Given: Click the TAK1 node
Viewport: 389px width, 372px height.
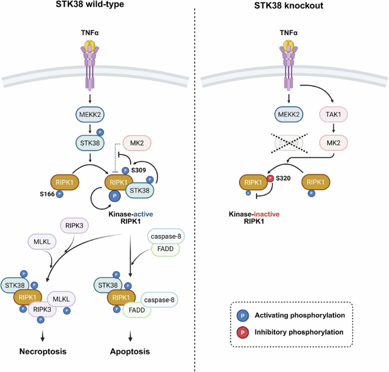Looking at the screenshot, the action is (333, 114).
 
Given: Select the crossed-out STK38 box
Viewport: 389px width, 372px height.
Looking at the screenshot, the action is (289, 143).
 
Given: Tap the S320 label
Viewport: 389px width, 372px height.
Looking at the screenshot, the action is (283, 178).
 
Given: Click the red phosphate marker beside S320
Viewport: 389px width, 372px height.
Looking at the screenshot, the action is (270, 178).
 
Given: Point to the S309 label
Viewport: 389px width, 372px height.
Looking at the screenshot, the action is (139, 170).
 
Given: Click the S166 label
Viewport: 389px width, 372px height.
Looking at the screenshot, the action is (47, 194).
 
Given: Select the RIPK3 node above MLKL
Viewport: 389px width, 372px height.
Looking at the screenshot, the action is (74, 225).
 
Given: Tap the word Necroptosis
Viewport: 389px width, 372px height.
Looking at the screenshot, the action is (43, 352).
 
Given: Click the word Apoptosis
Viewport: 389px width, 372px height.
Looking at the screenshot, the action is (130, 352).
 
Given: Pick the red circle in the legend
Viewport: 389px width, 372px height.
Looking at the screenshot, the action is (242, 332).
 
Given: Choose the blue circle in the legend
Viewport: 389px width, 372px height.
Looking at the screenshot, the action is (242, 316).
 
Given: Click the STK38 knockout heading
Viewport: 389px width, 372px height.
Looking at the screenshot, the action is (289, 6).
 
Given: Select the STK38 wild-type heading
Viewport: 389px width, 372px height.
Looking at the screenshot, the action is (90, 4).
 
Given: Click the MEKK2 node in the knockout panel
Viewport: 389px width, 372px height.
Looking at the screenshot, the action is (289, 114).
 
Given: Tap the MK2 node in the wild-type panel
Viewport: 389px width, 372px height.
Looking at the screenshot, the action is (137, 143).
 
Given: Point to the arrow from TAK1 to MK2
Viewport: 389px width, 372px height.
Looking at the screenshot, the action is (333, 128).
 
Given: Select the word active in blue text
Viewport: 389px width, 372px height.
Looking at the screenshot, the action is (143, 214).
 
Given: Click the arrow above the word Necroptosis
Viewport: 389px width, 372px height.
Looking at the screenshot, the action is (43, 336).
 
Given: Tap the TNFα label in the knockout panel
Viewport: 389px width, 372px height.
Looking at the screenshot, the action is (288, 33).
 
